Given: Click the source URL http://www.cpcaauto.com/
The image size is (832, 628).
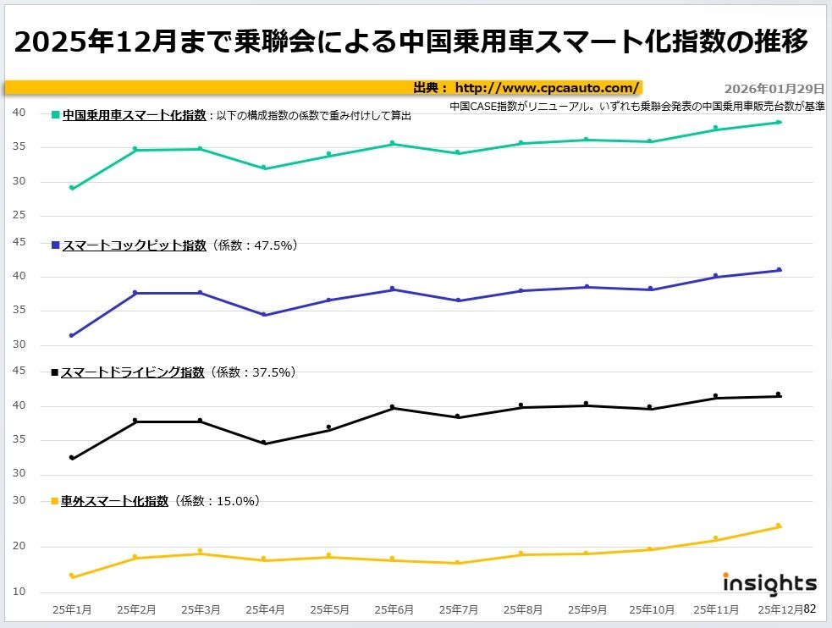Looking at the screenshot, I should pyautogui.click(x=547, y=87).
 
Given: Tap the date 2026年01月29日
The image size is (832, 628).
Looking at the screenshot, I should pyautogui.click(x=774, y=88).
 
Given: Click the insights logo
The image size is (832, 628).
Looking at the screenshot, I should pyautogui.click(x=769, y=583).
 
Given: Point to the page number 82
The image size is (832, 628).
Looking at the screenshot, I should pyautogui.click(x=810, y=608).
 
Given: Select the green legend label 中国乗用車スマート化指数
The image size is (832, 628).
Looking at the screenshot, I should pyautogui.click(x=134, y=115).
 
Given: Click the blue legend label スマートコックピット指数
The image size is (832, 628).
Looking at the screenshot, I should pyautogui.click(x=134, y=245).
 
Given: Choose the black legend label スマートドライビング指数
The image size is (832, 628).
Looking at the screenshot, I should pyautogui.click(x=133, y=372).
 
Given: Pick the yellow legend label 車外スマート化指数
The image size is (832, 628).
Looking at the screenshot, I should pyautogui.click(x=115, y=501).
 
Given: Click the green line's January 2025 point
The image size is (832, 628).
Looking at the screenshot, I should pyautogui.click(x=72, y=188).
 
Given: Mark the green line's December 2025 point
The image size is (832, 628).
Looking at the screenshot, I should pyautogui.click(x=779, y=122).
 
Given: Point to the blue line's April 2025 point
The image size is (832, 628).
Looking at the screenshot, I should pyautogui.click(x=265, y=315).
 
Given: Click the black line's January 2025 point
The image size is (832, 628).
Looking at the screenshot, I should pyautogui.click(x=72, y=458).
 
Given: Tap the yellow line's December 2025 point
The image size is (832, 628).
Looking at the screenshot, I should pyautogui.click(x=779, y=526).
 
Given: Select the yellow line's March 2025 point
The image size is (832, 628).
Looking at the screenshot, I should pyautogui.click(x=200, y=552).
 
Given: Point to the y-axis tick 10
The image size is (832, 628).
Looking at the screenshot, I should pyautogui.click(x=20, y=591).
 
